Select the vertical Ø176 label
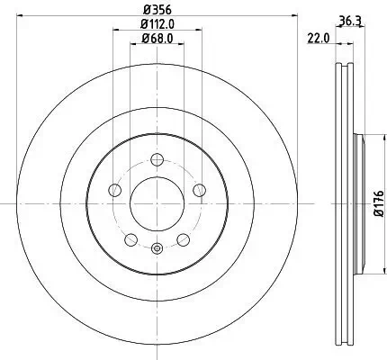[379, 203]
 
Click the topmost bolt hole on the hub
[157, 160]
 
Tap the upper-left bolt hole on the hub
[115, 191]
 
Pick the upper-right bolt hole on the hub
[200, 191]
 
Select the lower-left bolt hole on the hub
[131, 240]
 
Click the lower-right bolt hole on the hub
[184, 240]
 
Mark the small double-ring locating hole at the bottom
[157, 249]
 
